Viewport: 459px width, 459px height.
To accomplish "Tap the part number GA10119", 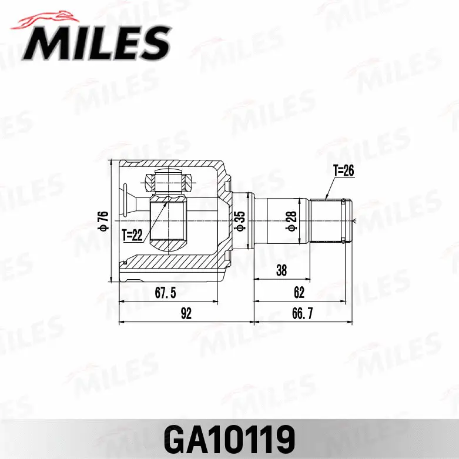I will (229, 437).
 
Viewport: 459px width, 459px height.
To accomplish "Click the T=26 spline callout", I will (344, 171).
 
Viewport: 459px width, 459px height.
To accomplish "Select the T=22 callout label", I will (132, 236).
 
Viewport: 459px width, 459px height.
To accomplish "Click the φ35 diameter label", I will (239, 220).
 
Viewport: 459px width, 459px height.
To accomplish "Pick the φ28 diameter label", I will (290, 220).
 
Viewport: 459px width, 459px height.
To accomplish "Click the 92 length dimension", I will (185, 314).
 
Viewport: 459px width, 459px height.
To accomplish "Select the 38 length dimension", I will (282, 270).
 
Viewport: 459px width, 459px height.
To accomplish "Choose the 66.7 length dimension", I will (302, 314).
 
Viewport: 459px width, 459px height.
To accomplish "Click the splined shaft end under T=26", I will (329, 220).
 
